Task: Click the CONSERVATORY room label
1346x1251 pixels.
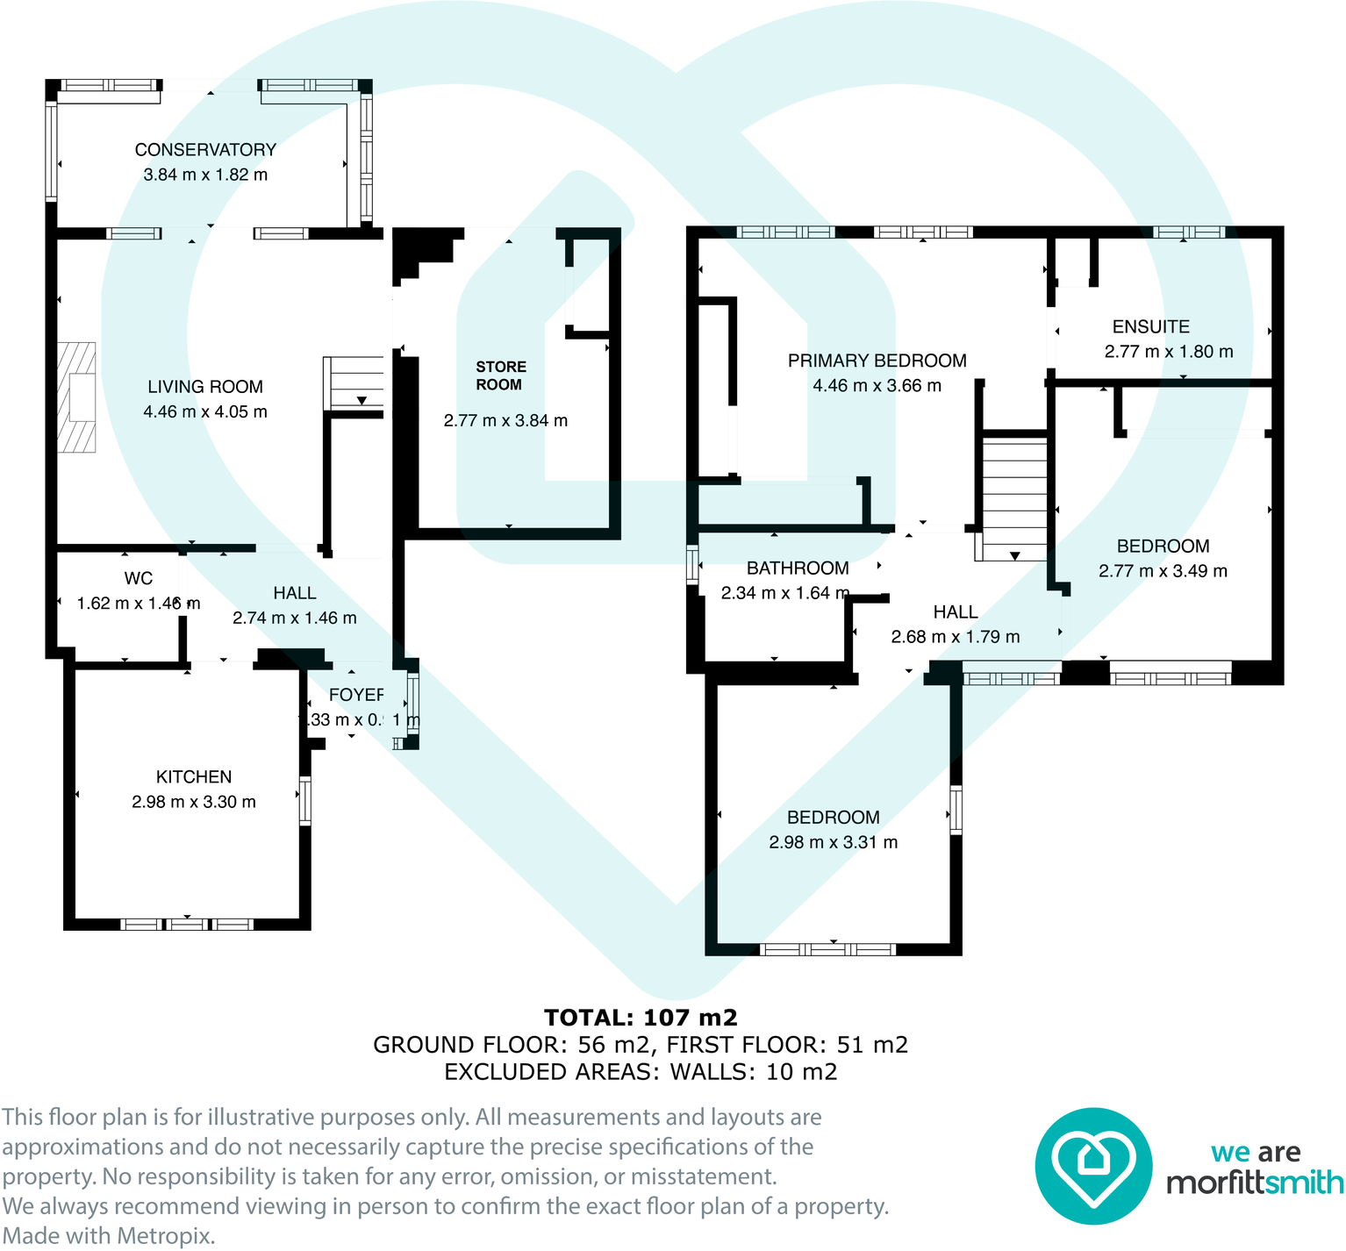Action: (205, 150)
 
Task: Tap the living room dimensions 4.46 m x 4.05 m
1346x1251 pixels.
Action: (205, 411)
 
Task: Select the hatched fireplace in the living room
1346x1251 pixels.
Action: (77, 397)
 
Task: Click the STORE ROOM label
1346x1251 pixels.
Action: (500, 375)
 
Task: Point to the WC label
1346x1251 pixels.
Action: (139, 578)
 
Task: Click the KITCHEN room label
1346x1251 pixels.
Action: (194, 777)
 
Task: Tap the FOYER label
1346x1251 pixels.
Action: (356, 695)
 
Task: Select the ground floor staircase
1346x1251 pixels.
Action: (354, 382)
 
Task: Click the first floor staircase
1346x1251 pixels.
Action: (1013, 498)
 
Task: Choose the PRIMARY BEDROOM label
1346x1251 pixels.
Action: (877, 361)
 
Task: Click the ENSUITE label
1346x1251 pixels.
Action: (1150, 326)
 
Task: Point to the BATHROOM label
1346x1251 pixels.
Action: (798, 568)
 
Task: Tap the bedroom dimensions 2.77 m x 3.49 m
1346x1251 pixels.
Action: (1163, 571)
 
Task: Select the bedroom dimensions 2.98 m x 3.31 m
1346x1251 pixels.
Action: (833, 842)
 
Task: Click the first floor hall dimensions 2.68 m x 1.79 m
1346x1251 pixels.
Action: (955, 637)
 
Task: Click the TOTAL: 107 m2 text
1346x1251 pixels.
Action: (641, 1018)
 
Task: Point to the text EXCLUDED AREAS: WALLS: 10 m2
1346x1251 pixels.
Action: (641, 1072)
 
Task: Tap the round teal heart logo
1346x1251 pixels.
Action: (1092, 1166)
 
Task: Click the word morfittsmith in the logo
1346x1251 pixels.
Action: (1255, 1183)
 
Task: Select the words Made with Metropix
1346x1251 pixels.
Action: (108, 1236)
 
